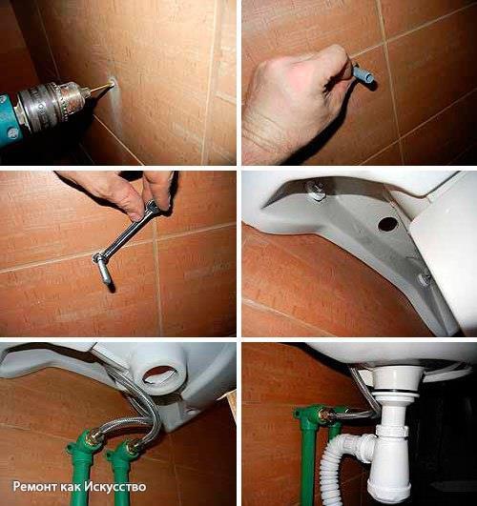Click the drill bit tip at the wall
pyautogui.click(x=113, y=84)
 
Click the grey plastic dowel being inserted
pyautogui.click(x=363, y=74)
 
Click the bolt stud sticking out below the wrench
pyautogui.click(x=106, y=272)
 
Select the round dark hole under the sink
pyautogui.click(x=387, y=224)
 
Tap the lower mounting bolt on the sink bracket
pyautogui.click(x=424, y=278)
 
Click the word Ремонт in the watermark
pyautogui.click(x=35, y=486)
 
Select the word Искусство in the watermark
pyautogui.click(x=115, y=486)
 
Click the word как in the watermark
pyautogui.click(x=71, y=486)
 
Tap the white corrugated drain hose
pyautogui.click(x=336, y=461)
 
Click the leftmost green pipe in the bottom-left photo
pyautogui.click(x=82, y=465)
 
